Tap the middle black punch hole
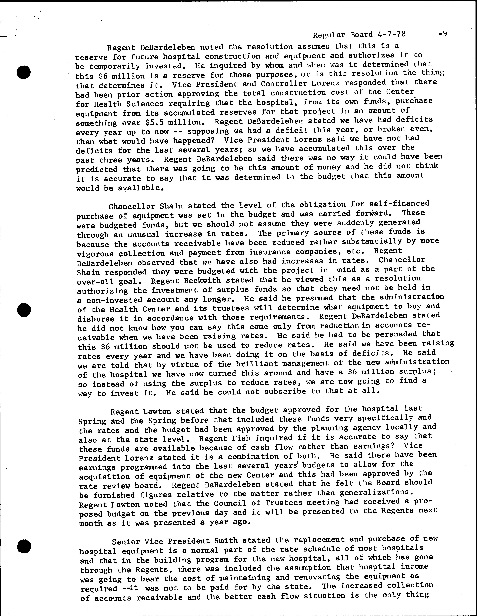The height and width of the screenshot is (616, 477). [24, 310]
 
